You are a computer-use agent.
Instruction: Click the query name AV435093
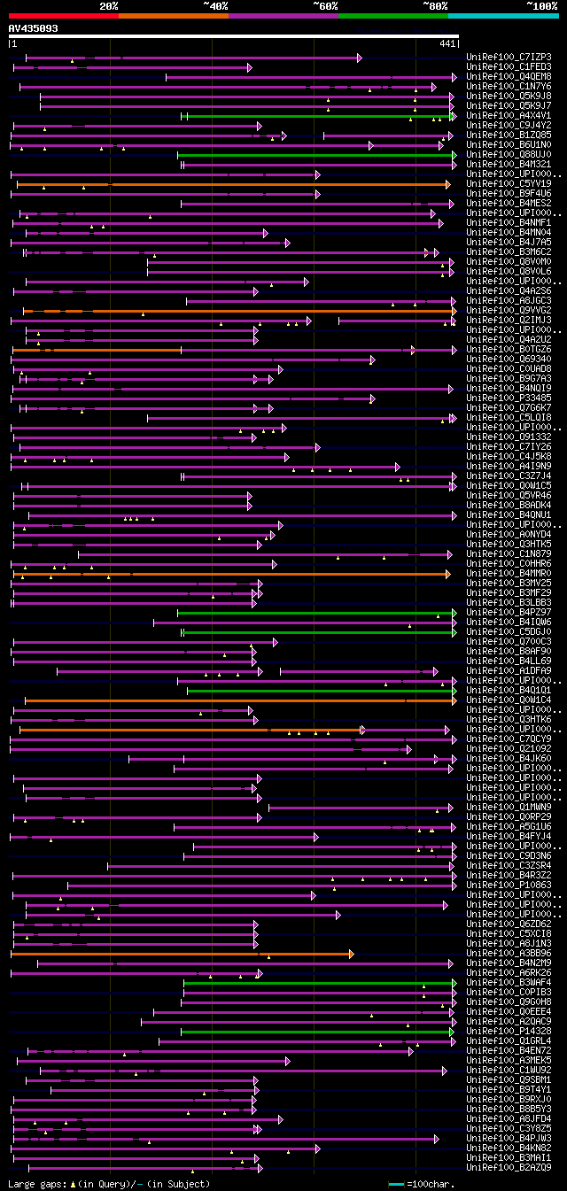(x=34, y=28)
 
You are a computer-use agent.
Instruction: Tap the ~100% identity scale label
(x=541, y=5)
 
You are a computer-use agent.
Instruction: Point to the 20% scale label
(x=109, y=5)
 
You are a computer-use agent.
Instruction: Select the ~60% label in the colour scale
(x=325, y=5)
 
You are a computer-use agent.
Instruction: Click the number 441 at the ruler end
(x=447, y=43)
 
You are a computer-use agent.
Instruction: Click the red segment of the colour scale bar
(x=63, y=15)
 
